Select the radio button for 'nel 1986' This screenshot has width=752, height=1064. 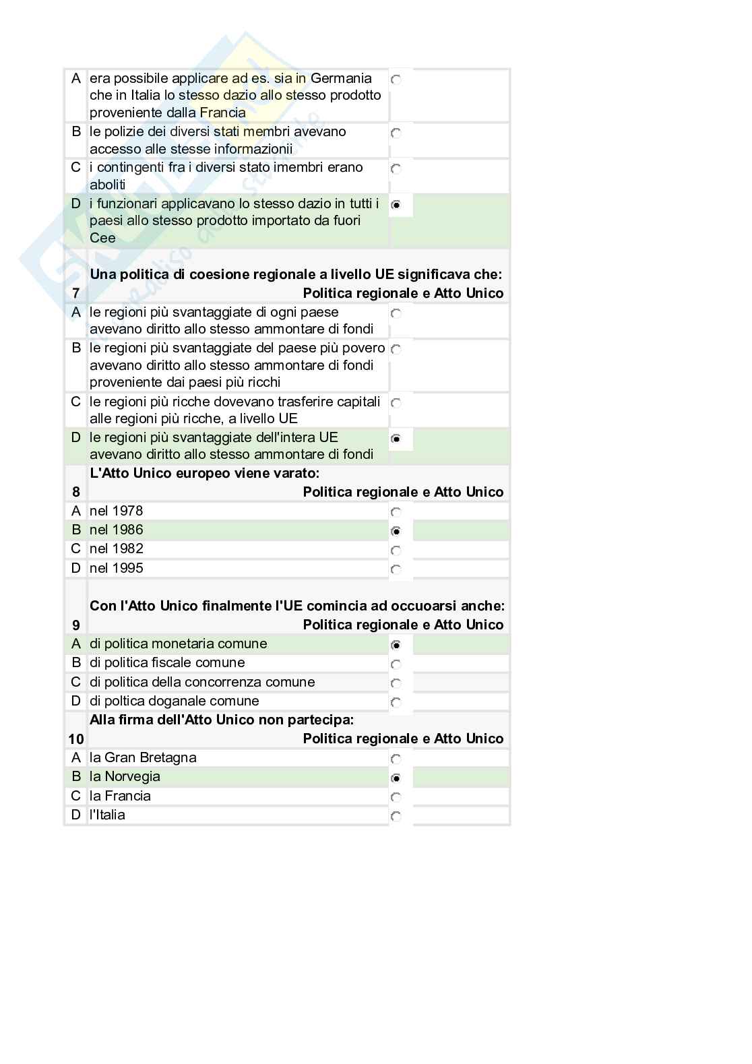[396, 531]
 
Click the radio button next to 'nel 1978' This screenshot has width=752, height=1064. [396, 512]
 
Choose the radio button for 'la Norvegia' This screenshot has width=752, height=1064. [396, 778]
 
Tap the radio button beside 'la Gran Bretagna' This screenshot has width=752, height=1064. [396, 759]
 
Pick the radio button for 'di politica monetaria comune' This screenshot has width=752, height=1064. [396, 645]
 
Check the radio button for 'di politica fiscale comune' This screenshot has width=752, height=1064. [396, 664]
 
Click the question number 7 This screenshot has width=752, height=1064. [75, 293]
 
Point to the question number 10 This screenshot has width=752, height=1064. [75, 739]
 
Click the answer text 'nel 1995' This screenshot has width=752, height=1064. [116, 568]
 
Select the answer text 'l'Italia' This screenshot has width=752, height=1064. [107, 815]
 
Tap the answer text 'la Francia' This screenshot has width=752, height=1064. [120, 796]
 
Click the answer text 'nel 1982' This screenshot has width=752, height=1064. [116, 549]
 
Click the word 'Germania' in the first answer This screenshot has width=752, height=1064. [341, 78]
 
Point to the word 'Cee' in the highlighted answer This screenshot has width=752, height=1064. [102, 238]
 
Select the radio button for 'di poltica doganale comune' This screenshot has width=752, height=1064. [396, 702]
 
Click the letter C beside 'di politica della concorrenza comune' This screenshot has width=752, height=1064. [75, 682]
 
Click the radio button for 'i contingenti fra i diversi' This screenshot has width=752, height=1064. [396, 168]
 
